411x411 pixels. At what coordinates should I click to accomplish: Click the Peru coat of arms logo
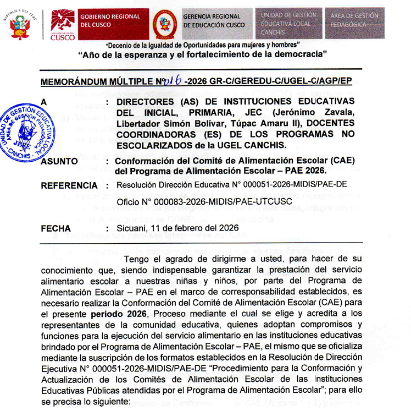(21, 25)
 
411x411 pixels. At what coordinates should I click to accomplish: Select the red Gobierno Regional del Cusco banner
(113, 21)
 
